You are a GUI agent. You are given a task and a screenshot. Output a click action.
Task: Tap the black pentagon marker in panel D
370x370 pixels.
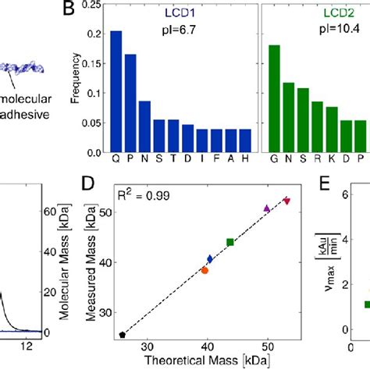point(123,335)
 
